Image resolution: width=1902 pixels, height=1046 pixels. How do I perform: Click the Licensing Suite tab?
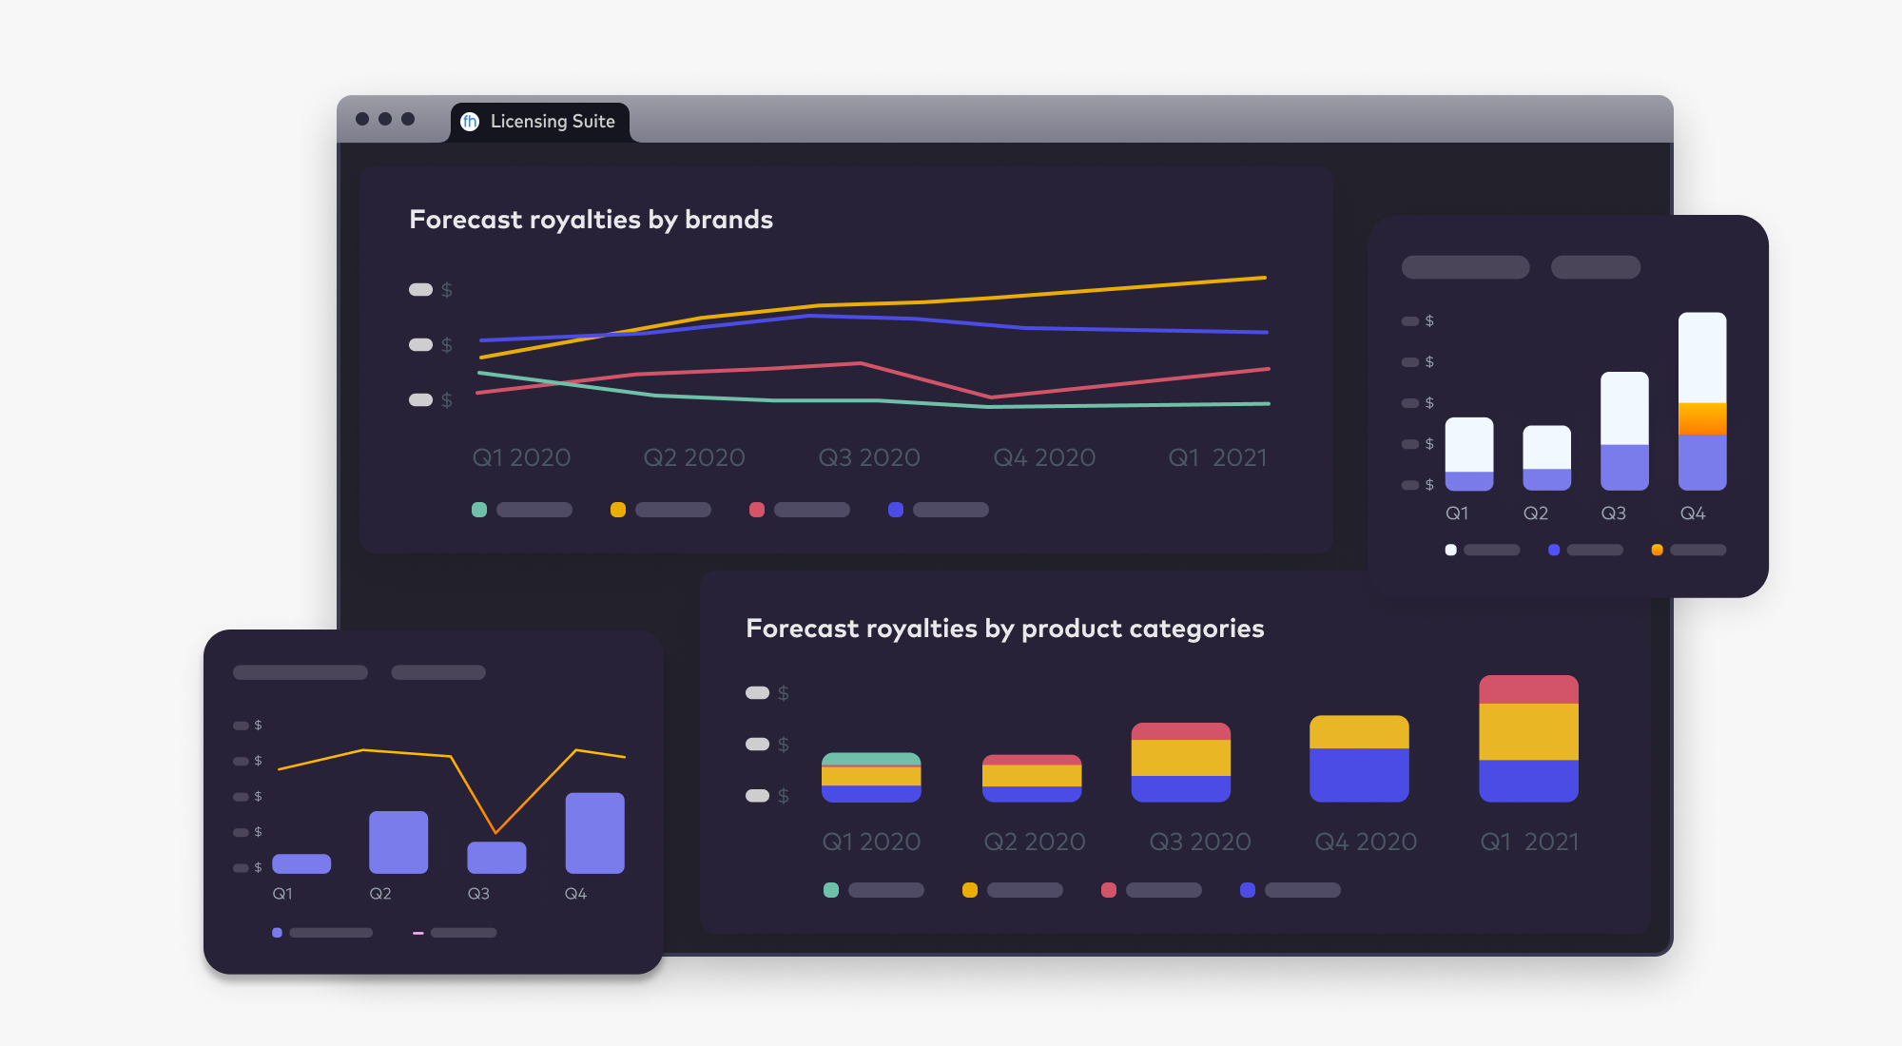[540, 122]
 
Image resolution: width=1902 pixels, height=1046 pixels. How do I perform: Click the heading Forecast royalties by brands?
[591, 220]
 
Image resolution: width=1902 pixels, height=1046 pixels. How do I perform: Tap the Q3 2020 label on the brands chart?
[869, 457]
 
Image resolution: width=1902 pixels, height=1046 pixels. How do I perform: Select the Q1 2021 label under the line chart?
[1217, 457]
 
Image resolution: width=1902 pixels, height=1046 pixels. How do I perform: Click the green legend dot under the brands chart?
[479, 510]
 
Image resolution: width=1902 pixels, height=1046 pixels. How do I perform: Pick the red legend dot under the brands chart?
[757, 510]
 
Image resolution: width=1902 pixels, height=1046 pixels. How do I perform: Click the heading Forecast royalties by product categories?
[1004, 629]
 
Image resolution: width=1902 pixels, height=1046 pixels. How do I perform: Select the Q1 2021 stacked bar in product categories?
[1528, 739]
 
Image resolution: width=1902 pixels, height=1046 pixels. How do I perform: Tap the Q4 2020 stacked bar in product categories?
[1359, 759]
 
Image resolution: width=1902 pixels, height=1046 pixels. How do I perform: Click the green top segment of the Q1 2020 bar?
[871, 759]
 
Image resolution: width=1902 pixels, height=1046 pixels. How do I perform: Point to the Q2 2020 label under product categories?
[1035, 842]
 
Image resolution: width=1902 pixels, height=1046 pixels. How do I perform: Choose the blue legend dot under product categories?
[1248, 890]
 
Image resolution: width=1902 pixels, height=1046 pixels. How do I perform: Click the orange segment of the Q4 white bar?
[1702, 418]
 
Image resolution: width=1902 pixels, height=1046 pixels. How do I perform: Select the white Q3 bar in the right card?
[1624, 409]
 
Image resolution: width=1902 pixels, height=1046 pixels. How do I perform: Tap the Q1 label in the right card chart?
[1457, 513]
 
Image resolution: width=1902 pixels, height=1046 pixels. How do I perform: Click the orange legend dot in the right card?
[1658, 550]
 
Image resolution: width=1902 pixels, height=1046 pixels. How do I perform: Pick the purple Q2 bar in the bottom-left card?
[398, 842]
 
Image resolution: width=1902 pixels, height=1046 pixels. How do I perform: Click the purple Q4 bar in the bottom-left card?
[594, 833]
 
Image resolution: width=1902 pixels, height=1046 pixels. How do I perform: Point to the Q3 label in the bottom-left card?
[478, 894]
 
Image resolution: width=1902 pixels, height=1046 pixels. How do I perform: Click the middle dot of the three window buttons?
[385, 119]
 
